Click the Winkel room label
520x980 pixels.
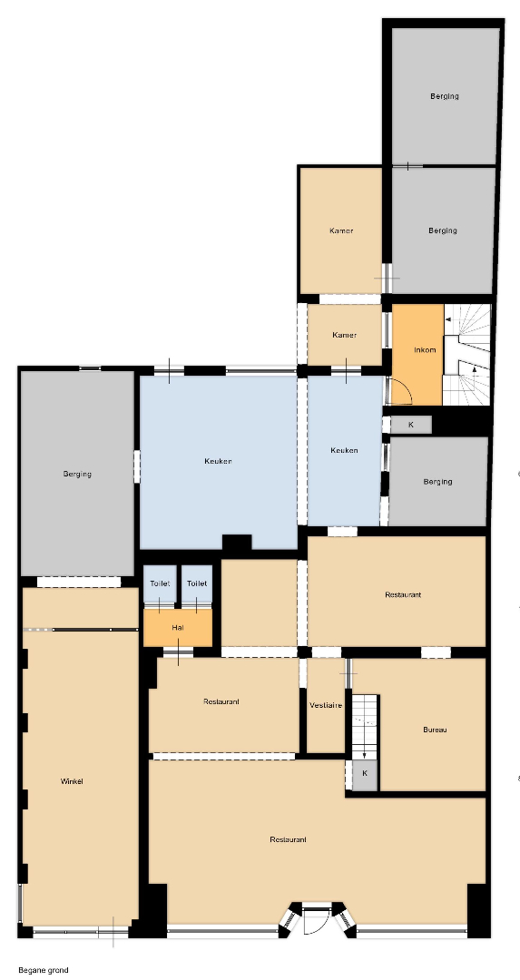click(x=72, y=781)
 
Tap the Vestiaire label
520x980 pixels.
click(x=326, y=705)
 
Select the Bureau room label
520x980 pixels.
click(x=435, y=730)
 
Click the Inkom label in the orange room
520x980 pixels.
click(x=425, y=349)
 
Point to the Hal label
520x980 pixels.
click(x=178, y=627)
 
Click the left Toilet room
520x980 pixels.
click(x=160, y=583)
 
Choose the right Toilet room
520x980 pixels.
click(x=197, y=583)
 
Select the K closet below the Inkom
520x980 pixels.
click(x=411, y=425)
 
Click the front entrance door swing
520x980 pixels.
click(x=317, y=918)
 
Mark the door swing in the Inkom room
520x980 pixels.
click(x=400, y=392)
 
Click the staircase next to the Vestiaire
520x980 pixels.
click(x=365, y=726)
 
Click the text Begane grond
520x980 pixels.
click(x=44, y=970)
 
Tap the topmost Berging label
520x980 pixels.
click(x=445, y=96)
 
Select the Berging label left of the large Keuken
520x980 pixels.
click(x=77, y=474)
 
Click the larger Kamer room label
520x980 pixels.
click(x=341, y=230)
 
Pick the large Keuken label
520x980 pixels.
click(x=218, y=461)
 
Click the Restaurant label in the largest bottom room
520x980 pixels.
click(x=288, y=839)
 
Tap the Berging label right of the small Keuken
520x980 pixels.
click(x=437, y=482)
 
